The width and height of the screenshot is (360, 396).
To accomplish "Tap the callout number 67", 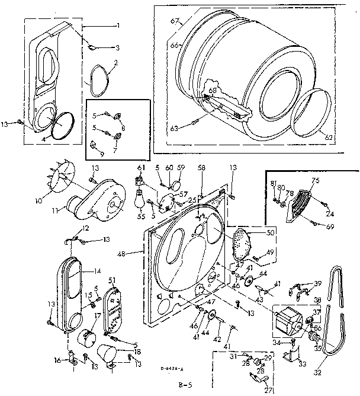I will tap(173, 21).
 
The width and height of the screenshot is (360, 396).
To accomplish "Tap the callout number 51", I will tap(112, 280).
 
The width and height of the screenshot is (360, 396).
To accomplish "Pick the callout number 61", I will tap(141, 168).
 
